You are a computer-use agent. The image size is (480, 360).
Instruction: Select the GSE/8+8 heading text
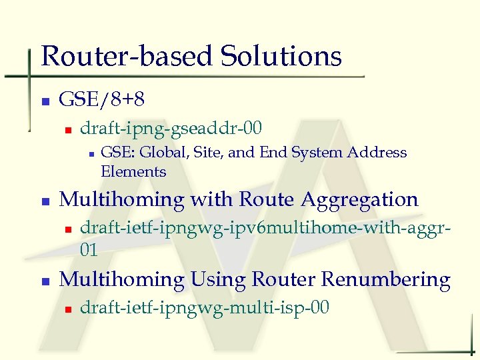click(x=102, y=101)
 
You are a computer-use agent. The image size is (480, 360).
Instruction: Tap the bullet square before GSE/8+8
click(x=45, y=102)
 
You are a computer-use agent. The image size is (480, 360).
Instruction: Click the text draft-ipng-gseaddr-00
click(x=171, y=127)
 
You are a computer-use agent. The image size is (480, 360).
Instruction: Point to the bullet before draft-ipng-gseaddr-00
click(x=67, y=129)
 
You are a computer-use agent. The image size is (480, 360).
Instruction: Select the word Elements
click(x=133, y=172)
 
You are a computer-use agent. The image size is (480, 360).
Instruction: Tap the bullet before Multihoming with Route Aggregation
click(x=45, y=201)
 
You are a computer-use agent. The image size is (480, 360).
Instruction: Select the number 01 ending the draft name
click(x=89, y=250)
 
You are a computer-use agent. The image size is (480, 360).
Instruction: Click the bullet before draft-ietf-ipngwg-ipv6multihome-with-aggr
click(x=67, y=229)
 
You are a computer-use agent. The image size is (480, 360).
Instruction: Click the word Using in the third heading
click(x=214, y=279)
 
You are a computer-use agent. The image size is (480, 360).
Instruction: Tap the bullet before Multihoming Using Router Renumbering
click(x=45, y=281)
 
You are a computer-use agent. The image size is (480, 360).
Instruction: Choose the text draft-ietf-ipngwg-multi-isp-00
click(x=205, y=307)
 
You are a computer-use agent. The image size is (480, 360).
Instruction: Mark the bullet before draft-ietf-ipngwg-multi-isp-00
click(x=67, y=309)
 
